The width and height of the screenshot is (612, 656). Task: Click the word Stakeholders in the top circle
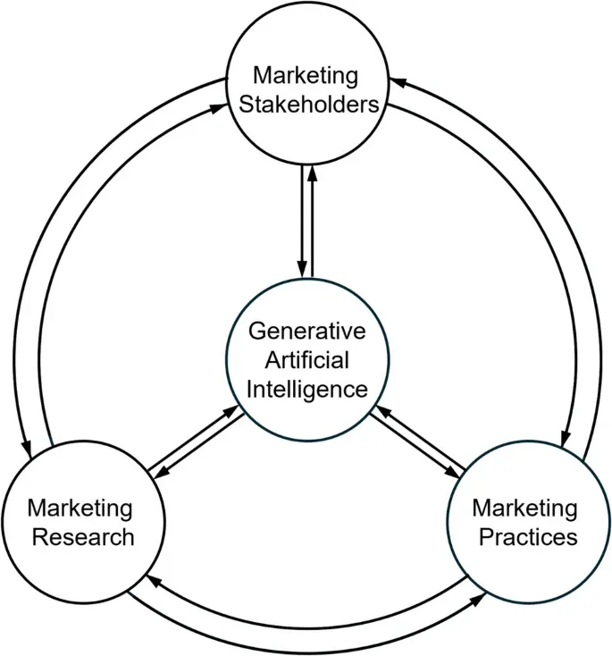coord(306,105)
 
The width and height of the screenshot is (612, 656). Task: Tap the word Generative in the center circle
coord(306,332)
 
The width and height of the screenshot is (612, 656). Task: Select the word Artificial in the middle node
coord(306,360)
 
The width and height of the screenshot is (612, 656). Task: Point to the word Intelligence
coord(306,390)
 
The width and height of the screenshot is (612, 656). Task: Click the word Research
coord(80,537)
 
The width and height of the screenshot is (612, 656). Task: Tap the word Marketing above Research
coord(80,509)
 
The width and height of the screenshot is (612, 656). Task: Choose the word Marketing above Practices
coord(525,509)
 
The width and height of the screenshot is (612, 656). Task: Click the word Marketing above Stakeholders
coord(306,75)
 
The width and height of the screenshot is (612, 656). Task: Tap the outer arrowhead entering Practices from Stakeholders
coord(565,440)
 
